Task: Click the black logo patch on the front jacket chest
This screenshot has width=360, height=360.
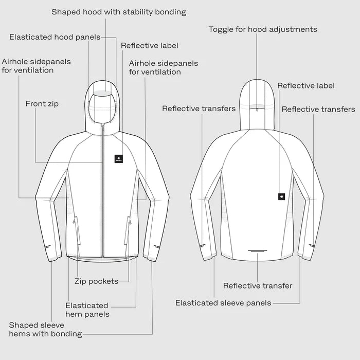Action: pos(118,158)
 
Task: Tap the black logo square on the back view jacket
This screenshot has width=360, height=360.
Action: pos(281,197)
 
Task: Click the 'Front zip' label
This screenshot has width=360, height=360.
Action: pos(42,104)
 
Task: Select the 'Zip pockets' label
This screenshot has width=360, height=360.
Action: pos(97,281)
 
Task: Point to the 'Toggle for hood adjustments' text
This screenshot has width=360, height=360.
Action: pos(263,29)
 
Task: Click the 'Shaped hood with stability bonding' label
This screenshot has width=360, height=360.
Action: pos(119,12)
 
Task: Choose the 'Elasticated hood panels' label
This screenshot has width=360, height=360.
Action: pos(55,37)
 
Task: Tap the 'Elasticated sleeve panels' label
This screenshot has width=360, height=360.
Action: pos(223,303)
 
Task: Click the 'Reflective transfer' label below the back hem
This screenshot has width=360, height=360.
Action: pos(258,285)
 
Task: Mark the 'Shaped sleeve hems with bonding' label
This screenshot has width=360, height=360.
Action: pos(45,330)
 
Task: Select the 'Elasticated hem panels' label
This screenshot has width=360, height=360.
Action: pos(87,310)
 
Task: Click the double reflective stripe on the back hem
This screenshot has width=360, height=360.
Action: pos(258,251)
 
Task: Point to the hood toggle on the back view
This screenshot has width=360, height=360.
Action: pos(257,110)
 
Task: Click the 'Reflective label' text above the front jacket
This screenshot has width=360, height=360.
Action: pos(150,45)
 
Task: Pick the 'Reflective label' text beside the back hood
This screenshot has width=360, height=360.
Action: pos(306,86)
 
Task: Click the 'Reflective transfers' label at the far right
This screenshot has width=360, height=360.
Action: pos(318,109)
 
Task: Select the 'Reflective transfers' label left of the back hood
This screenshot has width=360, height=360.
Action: pos(199,109)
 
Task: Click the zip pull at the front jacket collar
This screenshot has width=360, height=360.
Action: pos(103,129)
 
